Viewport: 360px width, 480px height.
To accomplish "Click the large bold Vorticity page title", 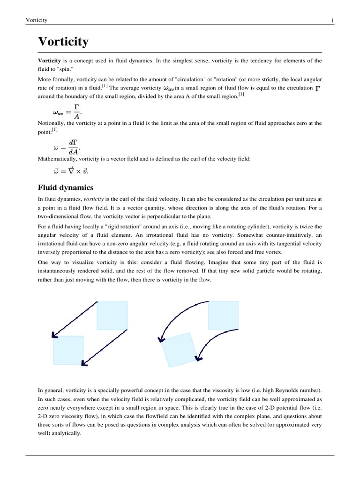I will [63, 42].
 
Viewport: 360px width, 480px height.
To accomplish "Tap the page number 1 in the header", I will [332, 20].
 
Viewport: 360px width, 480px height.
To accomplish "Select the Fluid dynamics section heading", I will [66, 187].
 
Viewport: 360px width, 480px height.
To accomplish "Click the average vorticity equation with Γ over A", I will [67, 112].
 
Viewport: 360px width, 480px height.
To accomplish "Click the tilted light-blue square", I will [180, 350].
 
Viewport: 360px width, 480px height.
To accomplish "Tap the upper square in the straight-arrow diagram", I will [112, 315].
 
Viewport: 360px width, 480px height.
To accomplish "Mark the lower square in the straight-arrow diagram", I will [68, 350].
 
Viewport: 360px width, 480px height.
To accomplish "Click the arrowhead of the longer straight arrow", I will [54, 335].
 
